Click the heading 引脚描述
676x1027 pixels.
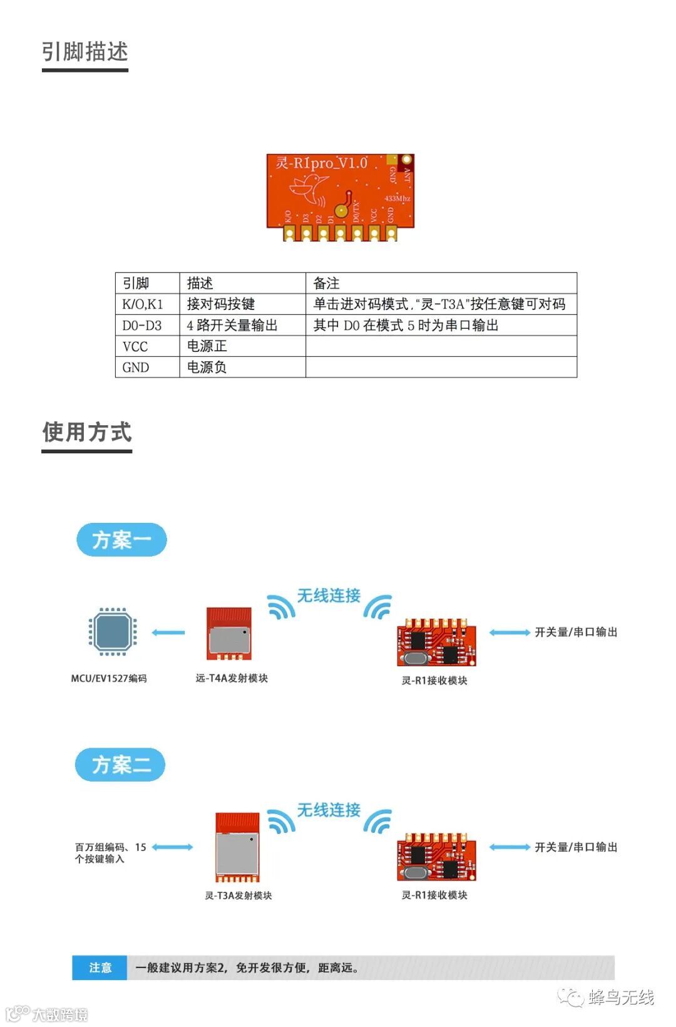click(x=85, y=52)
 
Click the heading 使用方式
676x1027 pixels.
click(x=87, y=432)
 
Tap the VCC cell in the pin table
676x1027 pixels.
click(x=135, y=346)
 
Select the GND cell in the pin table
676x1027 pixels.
click(x=136, y=368)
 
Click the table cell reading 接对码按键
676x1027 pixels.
click(x=221, y=304)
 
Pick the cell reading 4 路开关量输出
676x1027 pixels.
click(x=232, y=326)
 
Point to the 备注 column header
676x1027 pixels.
click(x=327, y=283)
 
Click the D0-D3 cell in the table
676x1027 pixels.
click(x=142, y=326)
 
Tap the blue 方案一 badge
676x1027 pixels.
click(x=121, y=540)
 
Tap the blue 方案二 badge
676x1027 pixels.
click(x=120, y=765)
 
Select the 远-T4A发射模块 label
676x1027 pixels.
click(x=232, y=678)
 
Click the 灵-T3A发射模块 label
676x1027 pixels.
click(x=238, y=895)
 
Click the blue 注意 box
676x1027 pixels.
click(x=100, y=968)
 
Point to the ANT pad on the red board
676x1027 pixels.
click(x=406, y=160)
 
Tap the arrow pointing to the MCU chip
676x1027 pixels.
click(x=168, y=632)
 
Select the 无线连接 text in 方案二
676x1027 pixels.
click(x=329, y=810)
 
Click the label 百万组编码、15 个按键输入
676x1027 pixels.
click(x=110, y=853)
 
